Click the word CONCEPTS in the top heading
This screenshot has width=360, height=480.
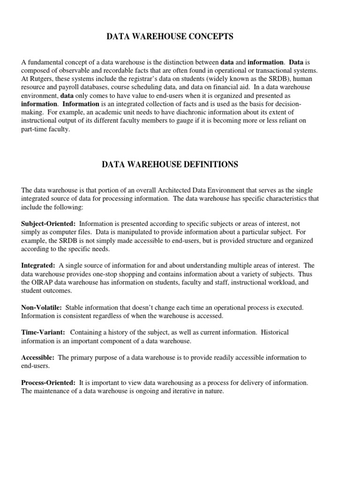tap(209, 37)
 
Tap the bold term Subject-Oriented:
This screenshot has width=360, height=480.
tap(47, 224)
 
